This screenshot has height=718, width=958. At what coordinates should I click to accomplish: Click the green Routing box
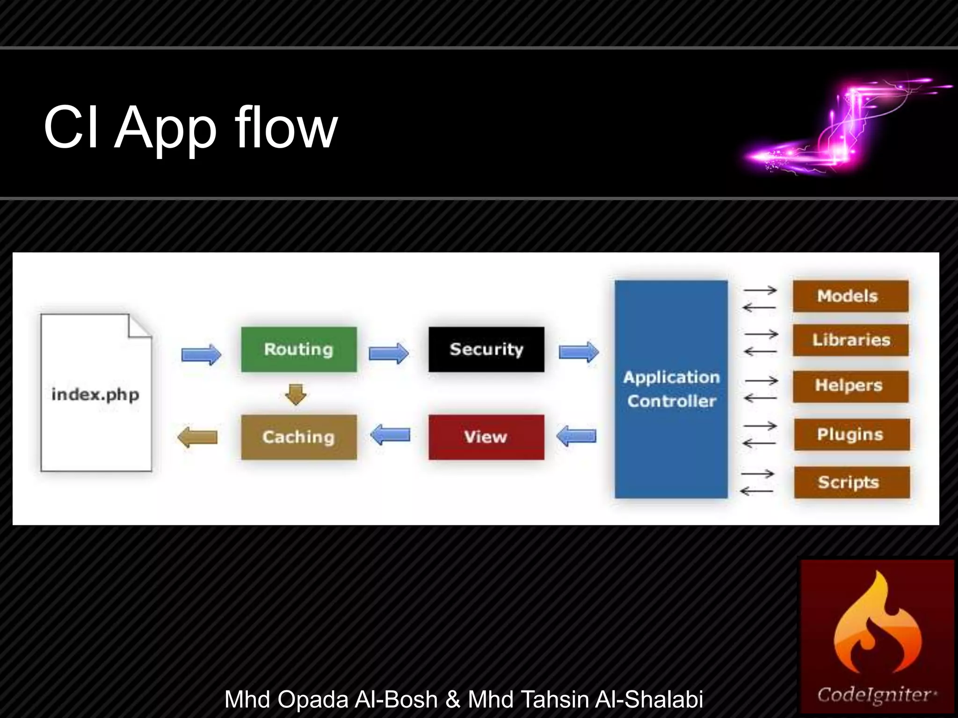pyautogui.click(x=299, y=349)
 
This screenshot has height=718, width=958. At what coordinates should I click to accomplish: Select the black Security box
pyautogui.click(x=486, y=349)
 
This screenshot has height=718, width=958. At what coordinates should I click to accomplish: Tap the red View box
pyautogui.click(x=486, y=437)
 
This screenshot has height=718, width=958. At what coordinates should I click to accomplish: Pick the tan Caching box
pyautogui.click(x=299, y=437)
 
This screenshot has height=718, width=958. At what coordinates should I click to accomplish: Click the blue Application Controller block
pyautogui.click(x=671, y=389)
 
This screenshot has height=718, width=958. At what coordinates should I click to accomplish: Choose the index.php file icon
pyautogui.click(x=96, y=393)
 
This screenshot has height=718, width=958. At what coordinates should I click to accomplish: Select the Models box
pyautogui.click(x=850, y=296)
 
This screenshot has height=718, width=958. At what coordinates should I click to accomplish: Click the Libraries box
pyautogui.click(x=850, y=340)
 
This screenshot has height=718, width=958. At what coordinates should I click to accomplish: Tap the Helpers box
pyautogui.click(x=850, y=386)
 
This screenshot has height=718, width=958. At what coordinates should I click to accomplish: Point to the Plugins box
pyautogui.click(x=851, y=434)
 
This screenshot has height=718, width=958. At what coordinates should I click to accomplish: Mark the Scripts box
pyautogui.click(x=851, y=482)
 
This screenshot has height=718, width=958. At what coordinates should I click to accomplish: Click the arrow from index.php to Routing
pyautogui.click(x=201, y=354)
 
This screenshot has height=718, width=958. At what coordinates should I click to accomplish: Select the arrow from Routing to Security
pyautogui.click(x=388, y=353)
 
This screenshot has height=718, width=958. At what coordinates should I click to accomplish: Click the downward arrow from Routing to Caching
pyautogui.click(x=296, y=394)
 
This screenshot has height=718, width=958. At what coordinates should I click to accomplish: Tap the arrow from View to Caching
pyautogui.click(x=390, y=435)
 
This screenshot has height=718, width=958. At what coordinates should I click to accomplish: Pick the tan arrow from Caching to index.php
pyautogui.click(x=197, y=437)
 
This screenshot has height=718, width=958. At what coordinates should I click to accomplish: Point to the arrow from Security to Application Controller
pyautogui.click(x=579, y=352)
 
